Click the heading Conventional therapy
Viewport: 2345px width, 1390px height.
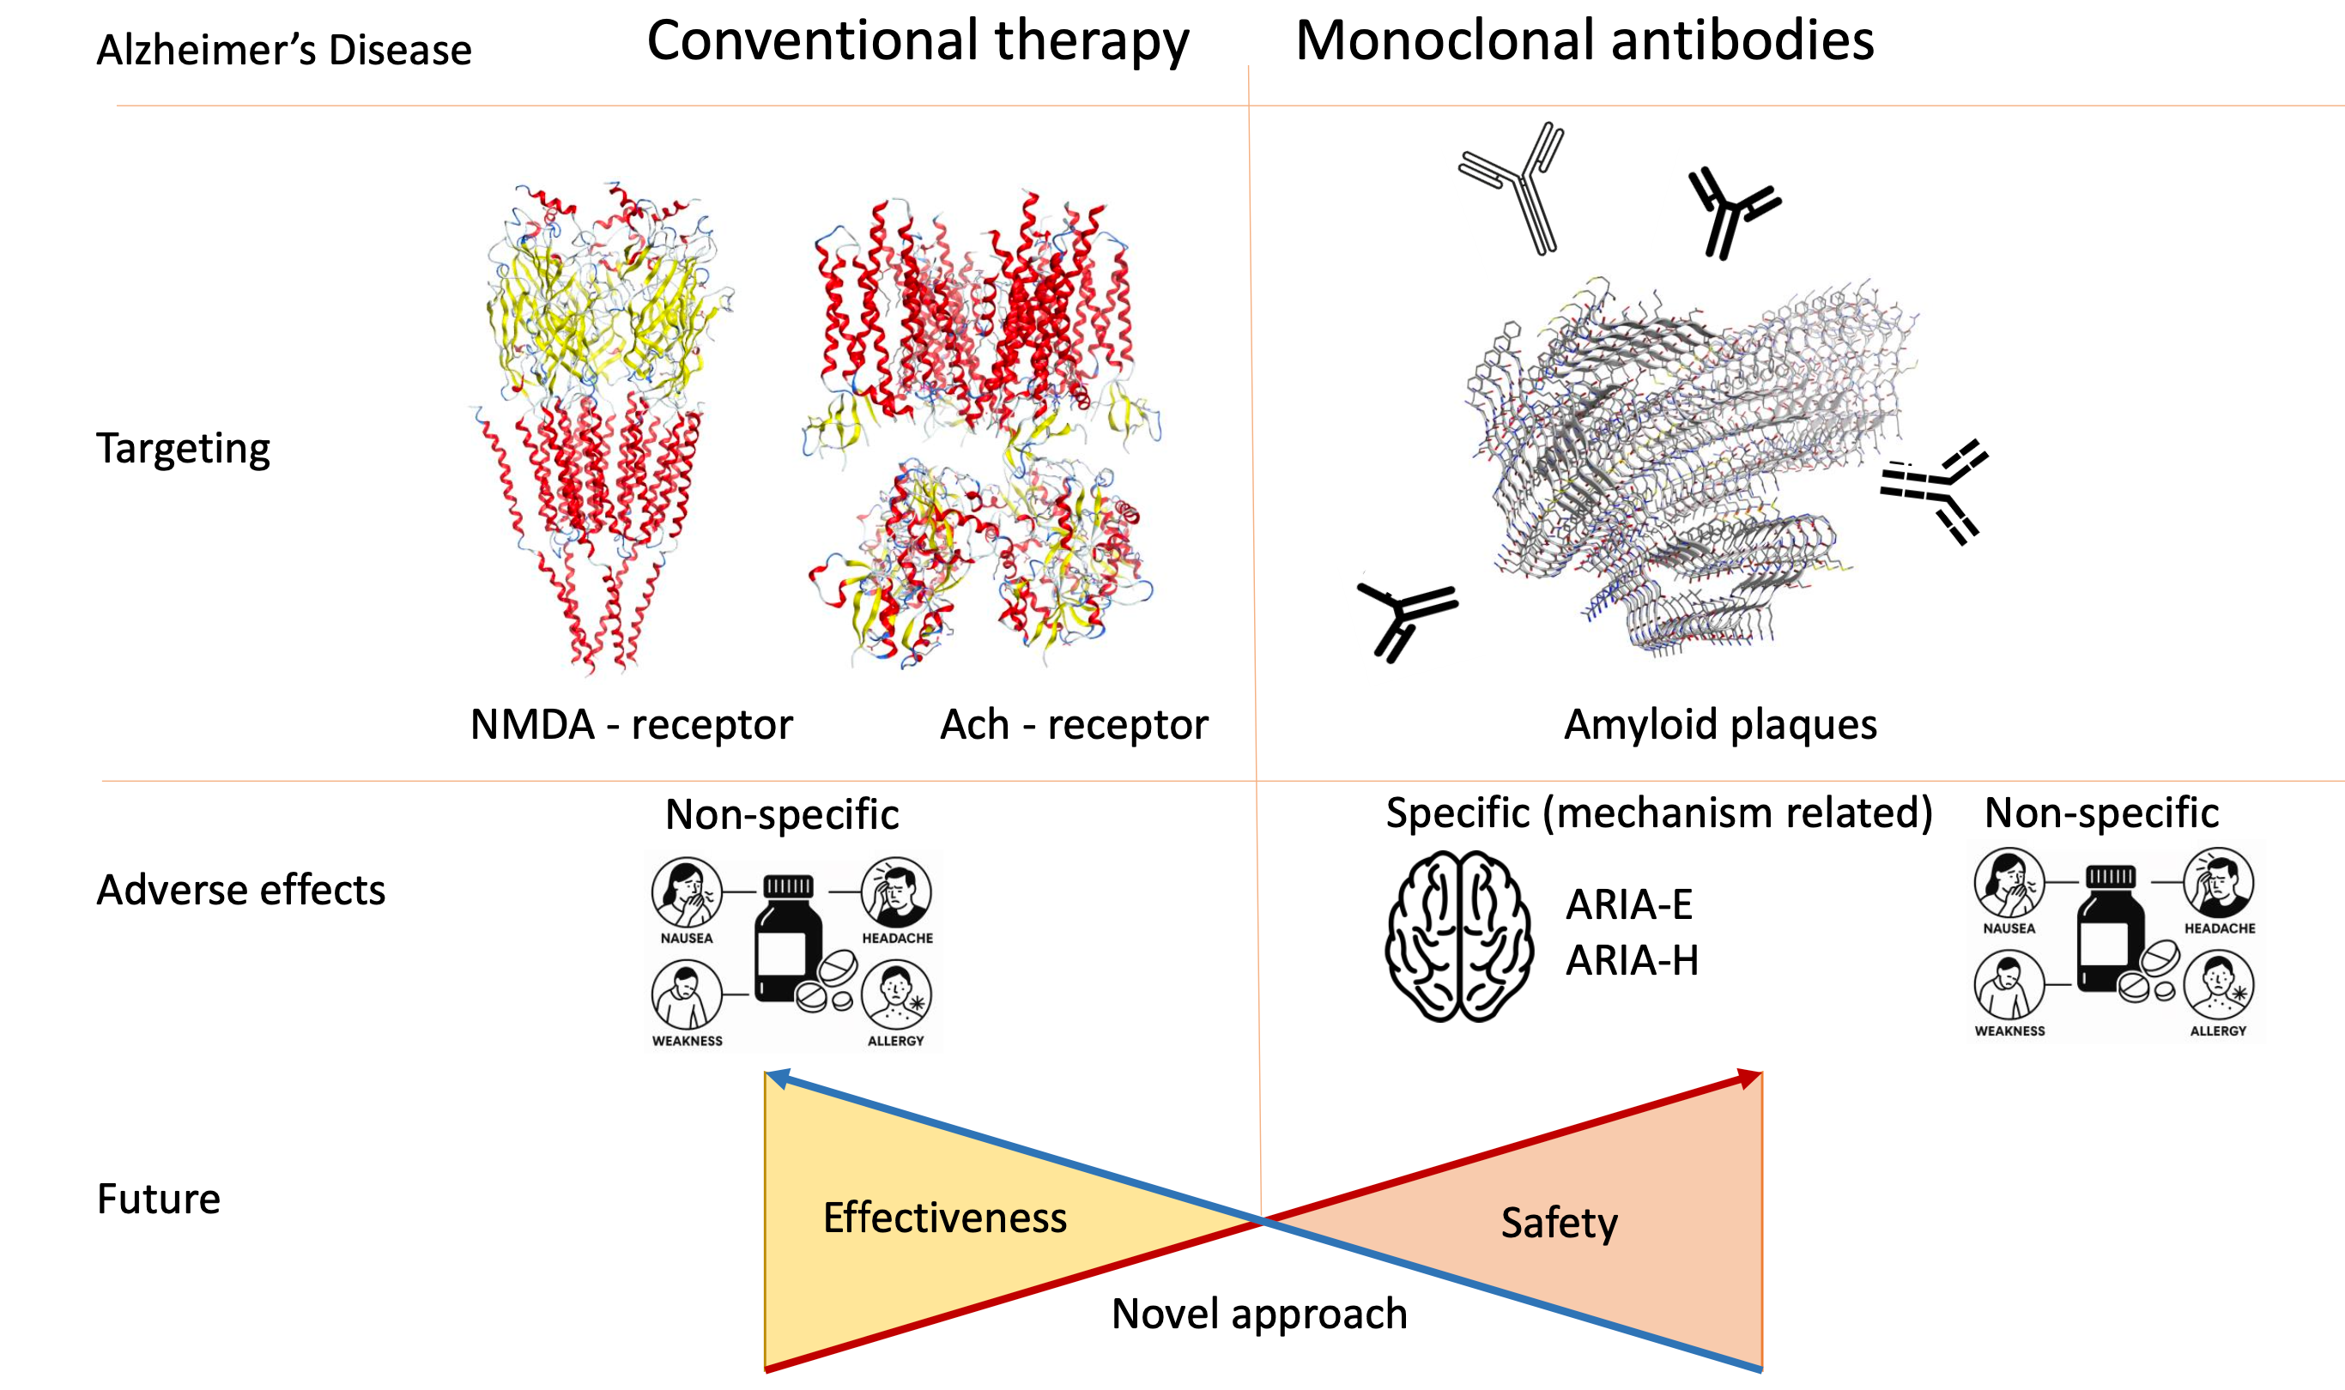(x=918, y=42)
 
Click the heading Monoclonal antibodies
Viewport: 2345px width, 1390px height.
(x=1584, y=42)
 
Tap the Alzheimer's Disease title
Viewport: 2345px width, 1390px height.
(x=284, y=51)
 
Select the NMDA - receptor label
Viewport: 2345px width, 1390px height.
(x=631, y=725)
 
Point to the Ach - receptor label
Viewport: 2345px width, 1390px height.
(x=1074, y=725)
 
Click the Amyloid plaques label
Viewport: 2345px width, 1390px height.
(x=1720, y=725)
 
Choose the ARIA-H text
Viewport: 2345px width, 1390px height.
(x=1632, y=961)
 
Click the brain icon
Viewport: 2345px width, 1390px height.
(x=1458, y=936)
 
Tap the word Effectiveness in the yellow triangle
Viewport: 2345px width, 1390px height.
(x=944, y=1218)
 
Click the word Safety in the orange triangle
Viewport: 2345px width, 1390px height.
(x=1559, y=1223)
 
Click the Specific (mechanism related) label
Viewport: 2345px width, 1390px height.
(x=1659, y=813)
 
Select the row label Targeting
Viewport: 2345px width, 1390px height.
(x=183, y=449)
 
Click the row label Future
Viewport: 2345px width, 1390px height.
(x=158, y=1199)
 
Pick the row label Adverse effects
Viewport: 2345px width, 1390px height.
(x=241, y=890)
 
